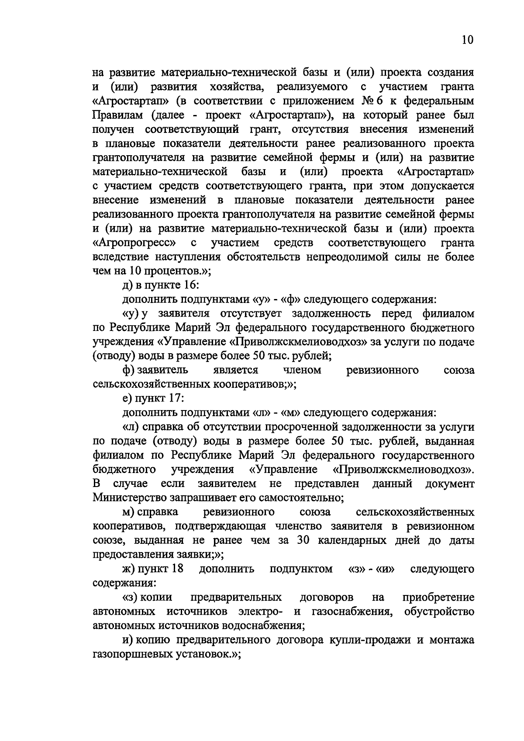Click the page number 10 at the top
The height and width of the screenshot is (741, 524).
pyautogui.click(x=466, y=40)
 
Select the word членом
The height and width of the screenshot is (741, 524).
pyautogui.click(x=302, y=370)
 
